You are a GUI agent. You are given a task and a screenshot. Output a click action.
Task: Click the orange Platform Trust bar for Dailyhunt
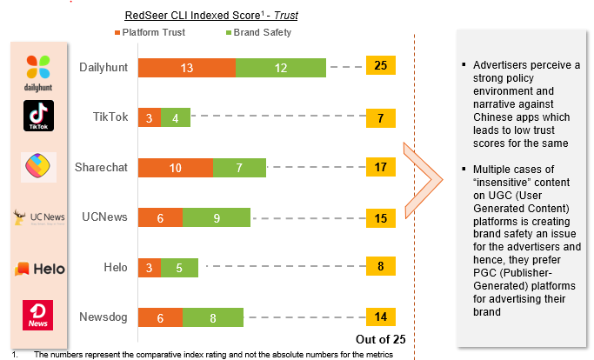(x=187, y=67)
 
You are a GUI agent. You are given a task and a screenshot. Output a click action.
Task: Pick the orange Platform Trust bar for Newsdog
(x=160, y=319)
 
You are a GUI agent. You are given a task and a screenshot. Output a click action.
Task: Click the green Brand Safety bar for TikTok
(x=176, y=117)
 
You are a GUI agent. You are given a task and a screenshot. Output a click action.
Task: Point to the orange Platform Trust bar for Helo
(x=150, y=269)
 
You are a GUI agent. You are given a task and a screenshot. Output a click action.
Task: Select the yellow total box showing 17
(x=380, y=167)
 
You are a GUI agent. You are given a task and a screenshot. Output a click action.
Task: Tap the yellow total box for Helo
(x=380, y=268)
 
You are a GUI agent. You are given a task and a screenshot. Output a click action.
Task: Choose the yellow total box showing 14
(x=380, y=318)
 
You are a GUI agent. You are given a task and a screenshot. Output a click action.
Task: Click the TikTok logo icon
(x=38, y=116)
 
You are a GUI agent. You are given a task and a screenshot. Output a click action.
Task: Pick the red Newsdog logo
(x=38, y=315)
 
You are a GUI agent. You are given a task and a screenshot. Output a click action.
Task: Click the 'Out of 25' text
(x=381, y=339)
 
